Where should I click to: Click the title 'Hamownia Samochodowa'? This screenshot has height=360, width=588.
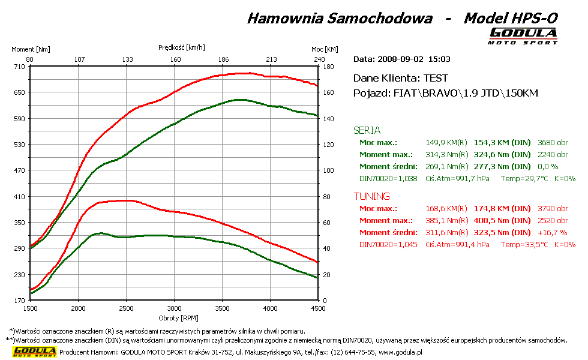pyautogui.click(x=340, y=18)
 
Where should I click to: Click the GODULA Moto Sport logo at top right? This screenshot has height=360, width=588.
pyautogui.click(x=523, y=36)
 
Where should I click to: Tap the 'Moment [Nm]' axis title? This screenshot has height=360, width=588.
pyautogui.click(x=31, y=49)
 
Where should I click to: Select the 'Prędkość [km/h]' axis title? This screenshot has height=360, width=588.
pyautogui.click(x=182, y=47)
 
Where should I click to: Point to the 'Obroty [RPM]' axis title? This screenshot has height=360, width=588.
pyautogui.click(x=178, y=317)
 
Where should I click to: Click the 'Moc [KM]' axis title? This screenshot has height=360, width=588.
pyautogui.click(x=325, y=49)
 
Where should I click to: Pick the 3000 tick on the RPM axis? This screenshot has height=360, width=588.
pyautogui.click(x=174, y=308)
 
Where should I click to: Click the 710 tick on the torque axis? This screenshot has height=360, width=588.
pyautogui.click(x=20, y=67)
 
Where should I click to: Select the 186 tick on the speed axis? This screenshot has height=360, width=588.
pyautogui.click(x=223, y=59)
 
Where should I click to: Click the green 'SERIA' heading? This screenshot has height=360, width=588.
pyautogui.click(x=367, y=130)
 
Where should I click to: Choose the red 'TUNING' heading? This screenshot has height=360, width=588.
pyautogui.click(x=371, y=196)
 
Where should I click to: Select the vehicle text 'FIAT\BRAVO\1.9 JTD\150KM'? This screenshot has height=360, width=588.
pyautogui.click(x=466, y=93)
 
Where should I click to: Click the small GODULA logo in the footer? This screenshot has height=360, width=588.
pyautogui.click(x=34, y=352)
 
